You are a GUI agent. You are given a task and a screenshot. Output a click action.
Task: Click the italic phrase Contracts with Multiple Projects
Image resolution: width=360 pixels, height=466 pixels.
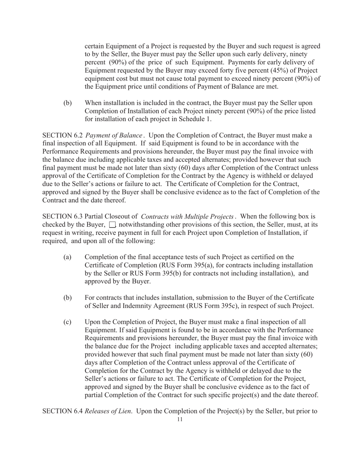pos(188,217)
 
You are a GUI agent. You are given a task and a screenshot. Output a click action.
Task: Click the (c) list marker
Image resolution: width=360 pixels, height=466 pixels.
pos(67,322)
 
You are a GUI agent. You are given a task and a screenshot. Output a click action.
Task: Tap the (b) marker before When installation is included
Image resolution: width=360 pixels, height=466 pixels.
pos(67,103)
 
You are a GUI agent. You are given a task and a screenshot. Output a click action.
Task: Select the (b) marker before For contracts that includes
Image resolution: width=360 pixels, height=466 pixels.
pos(67,298)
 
